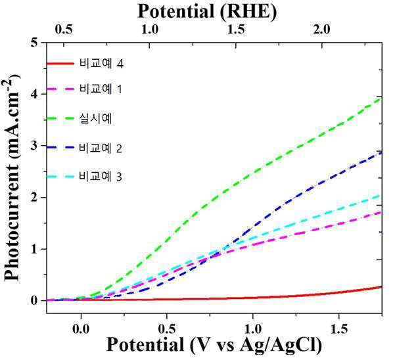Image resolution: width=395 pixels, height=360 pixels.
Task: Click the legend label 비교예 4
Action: click(101, 64)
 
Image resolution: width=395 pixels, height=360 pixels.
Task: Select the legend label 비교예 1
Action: click(101, 89)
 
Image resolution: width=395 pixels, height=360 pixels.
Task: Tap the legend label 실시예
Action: click(95, 118)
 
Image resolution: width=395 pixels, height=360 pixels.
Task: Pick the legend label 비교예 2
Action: click(101, 148)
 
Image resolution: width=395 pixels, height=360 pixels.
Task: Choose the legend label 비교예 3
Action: click(101, 176)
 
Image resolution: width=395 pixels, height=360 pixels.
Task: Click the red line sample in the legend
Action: click(60, 64)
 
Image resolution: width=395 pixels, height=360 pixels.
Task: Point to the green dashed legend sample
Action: click(60, 118)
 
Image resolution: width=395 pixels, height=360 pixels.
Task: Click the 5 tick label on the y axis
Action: click(34, 43)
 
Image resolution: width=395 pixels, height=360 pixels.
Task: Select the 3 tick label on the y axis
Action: click(34, 146)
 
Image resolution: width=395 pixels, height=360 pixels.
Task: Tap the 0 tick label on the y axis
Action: click(34, 300)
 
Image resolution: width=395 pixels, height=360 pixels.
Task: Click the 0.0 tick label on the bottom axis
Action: click(81, 328)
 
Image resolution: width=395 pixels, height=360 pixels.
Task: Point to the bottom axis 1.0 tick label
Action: click(253, 328)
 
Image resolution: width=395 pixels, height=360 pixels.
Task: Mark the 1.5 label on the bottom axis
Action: click(339, 328)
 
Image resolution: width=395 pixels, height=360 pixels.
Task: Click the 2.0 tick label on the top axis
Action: click(321, 30)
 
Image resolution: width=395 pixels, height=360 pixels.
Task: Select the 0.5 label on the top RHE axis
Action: click(64, 30)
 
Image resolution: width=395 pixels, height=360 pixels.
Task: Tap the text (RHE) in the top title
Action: click(248, 11)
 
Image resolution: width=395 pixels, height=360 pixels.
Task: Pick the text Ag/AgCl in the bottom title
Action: click(281, 344)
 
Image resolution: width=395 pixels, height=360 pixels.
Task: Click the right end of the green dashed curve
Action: click(382, 99)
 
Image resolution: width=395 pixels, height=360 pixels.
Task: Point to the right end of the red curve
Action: click(382, 286)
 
